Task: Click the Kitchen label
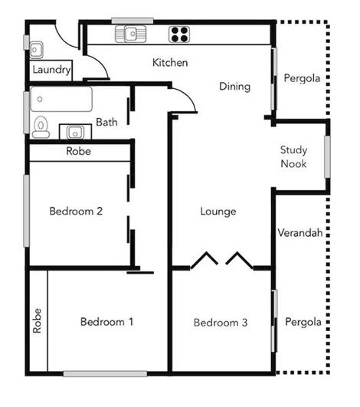(170, 62)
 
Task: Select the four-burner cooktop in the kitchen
(179, 34)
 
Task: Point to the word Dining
(234, 87)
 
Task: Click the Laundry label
(51, 70)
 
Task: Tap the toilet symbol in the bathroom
(41, 127)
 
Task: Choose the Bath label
(106, 122)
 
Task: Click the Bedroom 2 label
(76, 212)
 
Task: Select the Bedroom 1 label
(107, 322)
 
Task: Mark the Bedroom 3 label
(221, 323)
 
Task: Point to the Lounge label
(218, 212)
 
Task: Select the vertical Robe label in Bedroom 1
(38, 320)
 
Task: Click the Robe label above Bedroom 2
(79, 152)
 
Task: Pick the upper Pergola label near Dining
(303, 79)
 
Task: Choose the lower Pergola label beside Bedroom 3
(303, 322)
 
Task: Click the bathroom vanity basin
(75, 131)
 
